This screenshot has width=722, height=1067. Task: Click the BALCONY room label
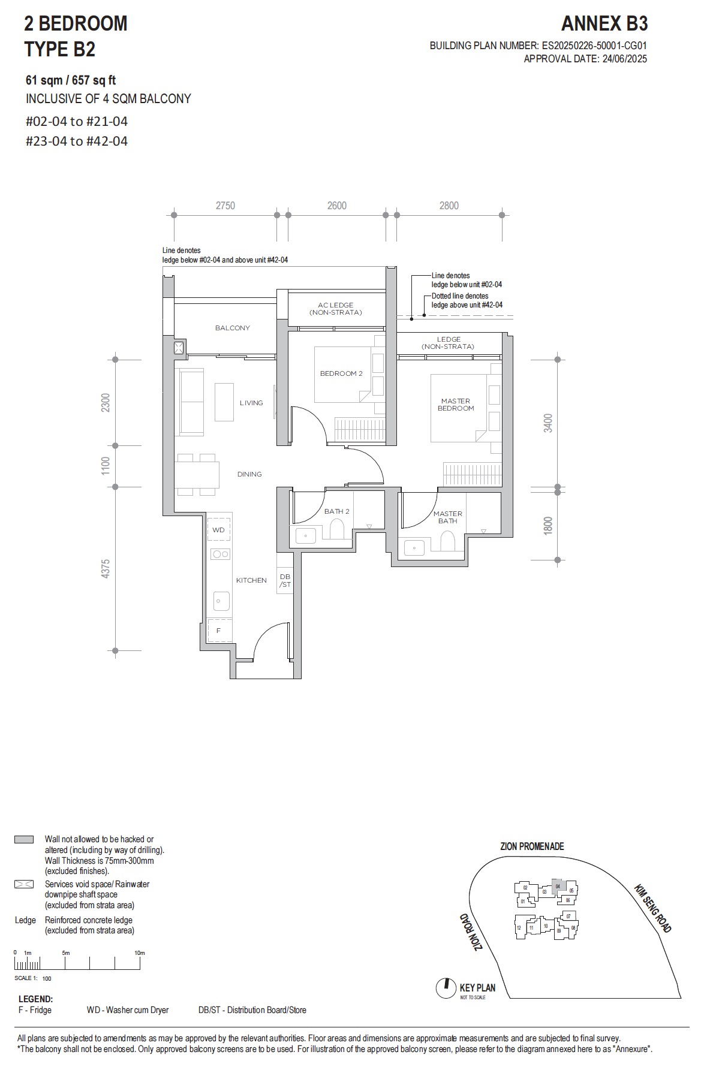pos(232,328)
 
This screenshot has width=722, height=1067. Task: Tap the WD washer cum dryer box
pos(218,530)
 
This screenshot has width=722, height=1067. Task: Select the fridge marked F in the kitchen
pos(219,631)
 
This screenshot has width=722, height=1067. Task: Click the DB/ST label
pos(285,580)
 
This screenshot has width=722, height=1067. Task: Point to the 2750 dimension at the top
pos(225,206)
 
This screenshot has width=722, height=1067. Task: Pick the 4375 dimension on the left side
pos(106,568)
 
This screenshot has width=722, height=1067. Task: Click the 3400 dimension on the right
pos(547,423)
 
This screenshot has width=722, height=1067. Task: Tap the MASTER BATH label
pos(447,517)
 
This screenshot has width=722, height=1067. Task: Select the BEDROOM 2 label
pos(341,373)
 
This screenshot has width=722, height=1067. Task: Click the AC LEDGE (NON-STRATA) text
pos(336,309)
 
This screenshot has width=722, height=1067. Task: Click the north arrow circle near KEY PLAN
pos(446,988)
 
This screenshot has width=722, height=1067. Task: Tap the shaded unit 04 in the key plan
pos(558,885)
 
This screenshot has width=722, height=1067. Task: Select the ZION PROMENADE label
pos(532,846)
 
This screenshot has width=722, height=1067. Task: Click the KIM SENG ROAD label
pos(652,908)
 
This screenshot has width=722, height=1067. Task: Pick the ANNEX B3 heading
pos(604,24)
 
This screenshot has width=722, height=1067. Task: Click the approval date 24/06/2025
pos(624,59)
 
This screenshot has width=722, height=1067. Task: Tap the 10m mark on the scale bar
pos(140,953)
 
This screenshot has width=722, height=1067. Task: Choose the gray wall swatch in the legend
pos(24,839)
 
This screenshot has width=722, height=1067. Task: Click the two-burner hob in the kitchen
pos(220,554)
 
